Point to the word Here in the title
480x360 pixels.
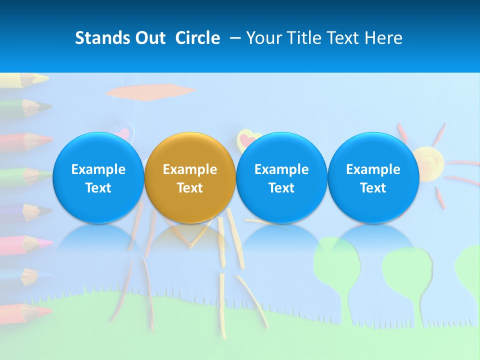384,38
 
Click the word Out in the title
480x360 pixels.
148,38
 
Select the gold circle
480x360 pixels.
190,177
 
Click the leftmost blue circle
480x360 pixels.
98,177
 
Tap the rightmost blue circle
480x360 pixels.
373,177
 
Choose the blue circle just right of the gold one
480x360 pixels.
281,177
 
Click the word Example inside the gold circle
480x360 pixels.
190,169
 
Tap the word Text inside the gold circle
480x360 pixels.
190,188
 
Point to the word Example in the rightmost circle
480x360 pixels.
373,169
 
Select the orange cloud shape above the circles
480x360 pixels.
150,92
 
